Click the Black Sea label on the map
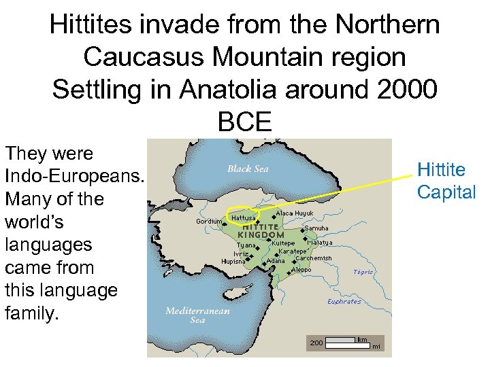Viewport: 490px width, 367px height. (x=248, y=169)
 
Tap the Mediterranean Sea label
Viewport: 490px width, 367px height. (x=197, y=315)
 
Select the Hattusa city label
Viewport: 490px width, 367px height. (x=243, y=217)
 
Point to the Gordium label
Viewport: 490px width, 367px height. (x=208, y=222)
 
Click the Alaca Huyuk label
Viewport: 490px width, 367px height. (x=294, y=213)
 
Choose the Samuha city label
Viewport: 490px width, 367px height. (x=317, y=228)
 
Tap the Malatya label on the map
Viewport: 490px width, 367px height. (x=319, y=243)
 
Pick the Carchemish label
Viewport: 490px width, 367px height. (x=314, y=258)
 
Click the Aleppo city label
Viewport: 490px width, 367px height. (x=301, y=270)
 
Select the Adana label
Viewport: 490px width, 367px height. (x=276, y=261)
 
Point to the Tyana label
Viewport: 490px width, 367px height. (x=246, y=245)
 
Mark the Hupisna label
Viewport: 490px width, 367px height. (x=233, y=261)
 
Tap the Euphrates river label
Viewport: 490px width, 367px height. (x=344, y=302)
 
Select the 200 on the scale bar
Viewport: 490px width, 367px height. (x=316, y=343)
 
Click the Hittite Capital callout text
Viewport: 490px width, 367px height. (x=446, y=181)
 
